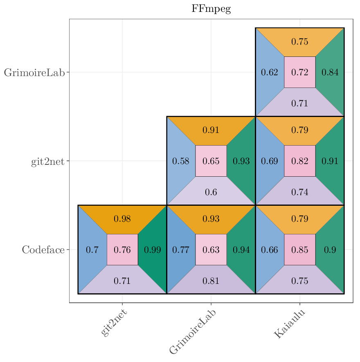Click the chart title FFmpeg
pos(211,9)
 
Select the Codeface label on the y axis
pos(43,250)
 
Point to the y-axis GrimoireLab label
pos(34,72)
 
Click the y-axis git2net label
pos(48,161)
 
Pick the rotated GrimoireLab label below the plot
pos(192,332)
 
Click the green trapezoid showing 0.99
pos(153,250)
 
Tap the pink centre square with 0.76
pos(122,250)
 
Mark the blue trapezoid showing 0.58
pos(180,161)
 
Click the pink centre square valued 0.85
pos(300,250)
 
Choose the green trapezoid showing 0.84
pos(330,72)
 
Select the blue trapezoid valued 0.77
pos(180,250)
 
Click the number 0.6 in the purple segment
pos(211,192)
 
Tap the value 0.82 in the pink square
pos(300,161)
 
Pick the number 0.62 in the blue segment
pos(270,72)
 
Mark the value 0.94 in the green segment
pos(241,250)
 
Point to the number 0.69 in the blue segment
pos(270,161)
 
